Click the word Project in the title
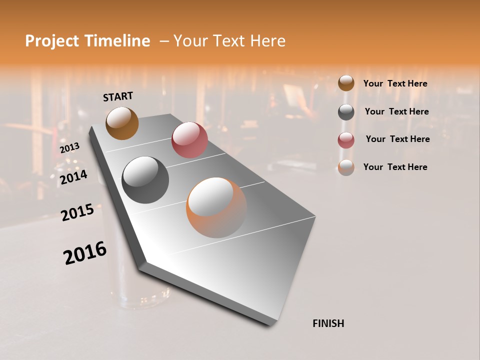pyautogui.click(x=51, y=41)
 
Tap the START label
pyautogui.click(x=118, y=96)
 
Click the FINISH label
pyautogui.click(x=328, y=323)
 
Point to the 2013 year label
pyautogui.click(x=70, y=148)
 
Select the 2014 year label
pyautogui.click(x=73, y=177)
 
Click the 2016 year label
pyautogui.click(x=85, y=252)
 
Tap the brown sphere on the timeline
pyautogui.click(x=122, y=123)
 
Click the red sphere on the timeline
pyautogui.click(x=189, y=140)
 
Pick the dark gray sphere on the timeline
pyautogui.click(x=145, y=180)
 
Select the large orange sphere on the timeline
pyautogui.click(x=216, y=207)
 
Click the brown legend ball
pyautogui.click(x=346, y=83)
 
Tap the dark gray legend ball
pyautogui.click(x=346, y=111)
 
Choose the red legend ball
pyautogui.click(x=346, y=139)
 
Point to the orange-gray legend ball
pyautogui.click(x=346, y=167)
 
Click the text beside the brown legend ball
pyautogui.click(x=395, y=83)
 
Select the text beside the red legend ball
pyautogui.click(x=397, y=139)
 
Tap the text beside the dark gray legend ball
pyautogui.click(x=396, y=111)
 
